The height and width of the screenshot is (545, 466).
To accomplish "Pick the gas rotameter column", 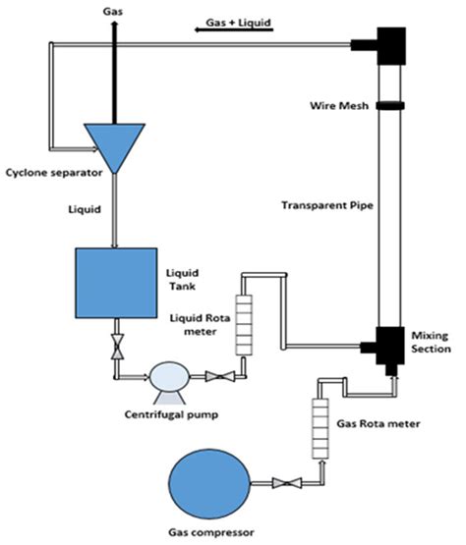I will (x=320, y=423).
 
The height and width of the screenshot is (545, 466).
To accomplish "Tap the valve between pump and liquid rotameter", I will (x=219, y=375).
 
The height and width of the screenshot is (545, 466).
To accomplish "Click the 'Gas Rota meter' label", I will (x=379, y=424).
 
